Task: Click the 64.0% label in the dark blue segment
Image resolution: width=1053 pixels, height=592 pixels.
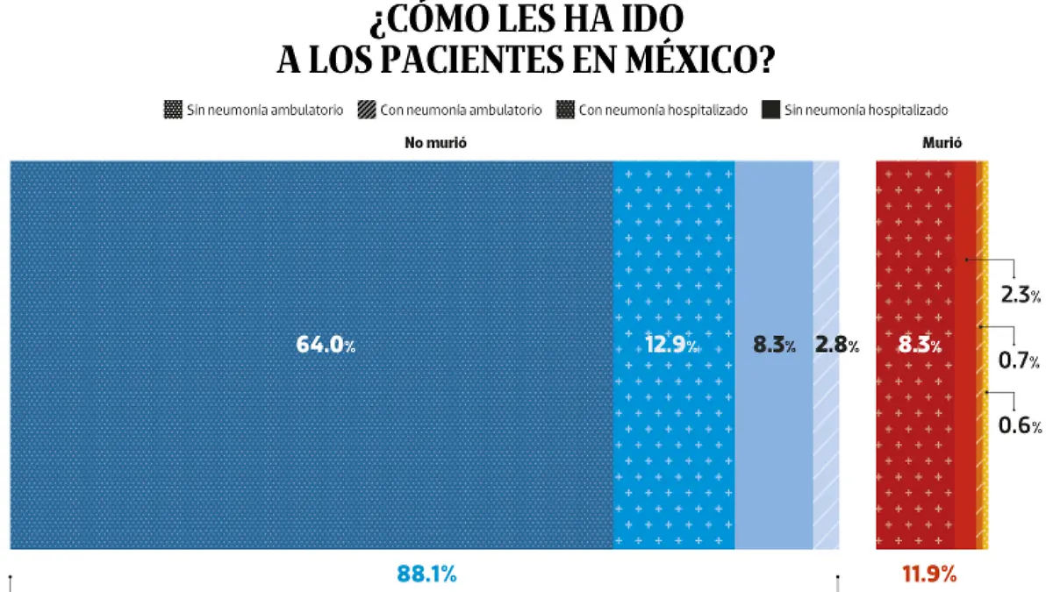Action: (326, 346)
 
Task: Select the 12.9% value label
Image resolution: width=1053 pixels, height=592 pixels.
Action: (672, 346)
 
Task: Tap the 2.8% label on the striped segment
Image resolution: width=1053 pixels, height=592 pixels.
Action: (836, 346)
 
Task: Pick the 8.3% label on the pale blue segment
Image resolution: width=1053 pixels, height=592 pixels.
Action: (774, 346)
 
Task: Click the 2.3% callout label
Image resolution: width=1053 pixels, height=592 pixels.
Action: (1021, 296)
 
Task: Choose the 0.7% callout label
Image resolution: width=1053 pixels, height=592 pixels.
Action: (1021, 360)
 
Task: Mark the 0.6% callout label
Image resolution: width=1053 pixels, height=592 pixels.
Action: (1021, 425)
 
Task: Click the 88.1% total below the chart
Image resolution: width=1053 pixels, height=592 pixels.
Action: (426, 574)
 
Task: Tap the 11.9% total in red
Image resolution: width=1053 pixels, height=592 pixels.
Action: (928, 574)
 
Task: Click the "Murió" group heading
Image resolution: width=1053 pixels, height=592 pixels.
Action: (942, 143)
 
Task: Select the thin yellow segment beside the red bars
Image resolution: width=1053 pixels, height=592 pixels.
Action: (984, 351)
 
